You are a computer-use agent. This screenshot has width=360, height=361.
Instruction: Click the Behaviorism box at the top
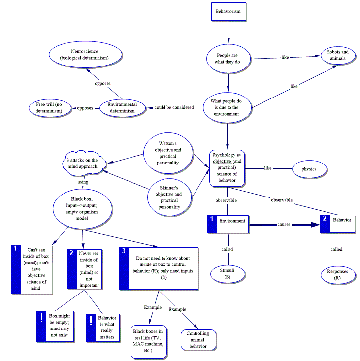click(229, 11)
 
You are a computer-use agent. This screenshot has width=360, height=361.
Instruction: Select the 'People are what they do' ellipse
click(227, 59)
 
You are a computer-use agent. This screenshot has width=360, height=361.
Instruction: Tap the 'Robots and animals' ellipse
click(338, 55)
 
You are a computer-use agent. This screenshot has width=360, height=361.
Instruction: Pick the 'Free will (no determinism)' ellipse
click(49, 108)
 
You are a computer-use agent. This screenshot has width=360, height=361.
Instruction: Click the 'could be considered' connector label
click(174, 107)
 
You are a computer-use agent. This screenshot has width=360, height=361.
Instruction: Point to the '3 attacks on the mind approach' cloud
click(82, 164)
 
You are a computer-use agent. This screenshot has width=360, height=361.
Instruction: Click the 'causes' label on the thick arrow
click(284, 224)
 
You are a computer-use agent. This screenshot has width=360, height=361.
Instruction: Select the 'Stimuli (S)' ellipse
click(227, 274)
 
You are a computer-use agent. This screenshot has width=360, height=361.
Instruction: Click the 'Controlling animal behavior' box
click(197, 340)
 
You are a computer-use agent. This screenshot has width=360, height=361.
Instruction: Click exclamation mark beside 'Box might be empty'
click(42, 319)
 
